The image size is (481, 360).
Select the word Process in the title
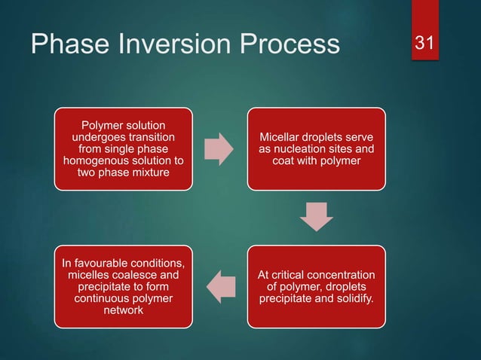299,45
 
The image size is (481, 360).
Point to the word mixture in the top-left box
147,172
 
